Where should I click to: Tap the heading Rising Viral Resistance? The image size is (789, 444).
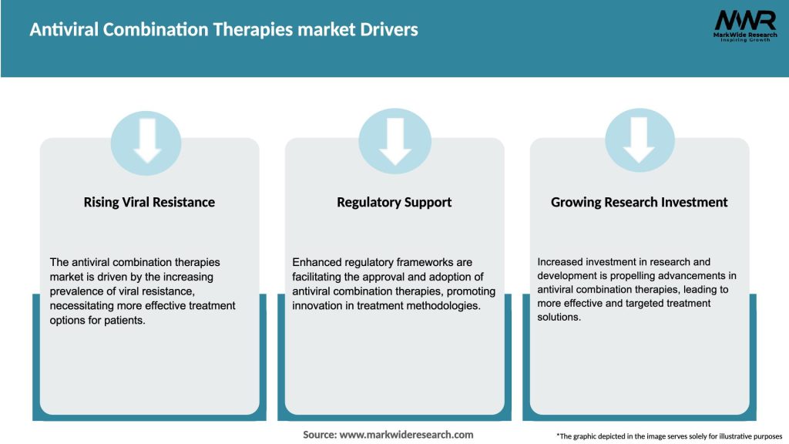(149, 202)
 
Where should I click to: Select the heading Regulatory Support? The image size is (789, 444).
(394, 202)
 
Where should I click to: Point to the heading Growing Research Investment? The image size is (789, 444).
(639, 202)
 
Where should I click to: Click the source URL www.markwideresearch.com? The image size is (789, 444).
(406, 435)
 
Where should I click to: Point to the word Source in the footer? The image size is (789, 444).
(319, 435)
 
